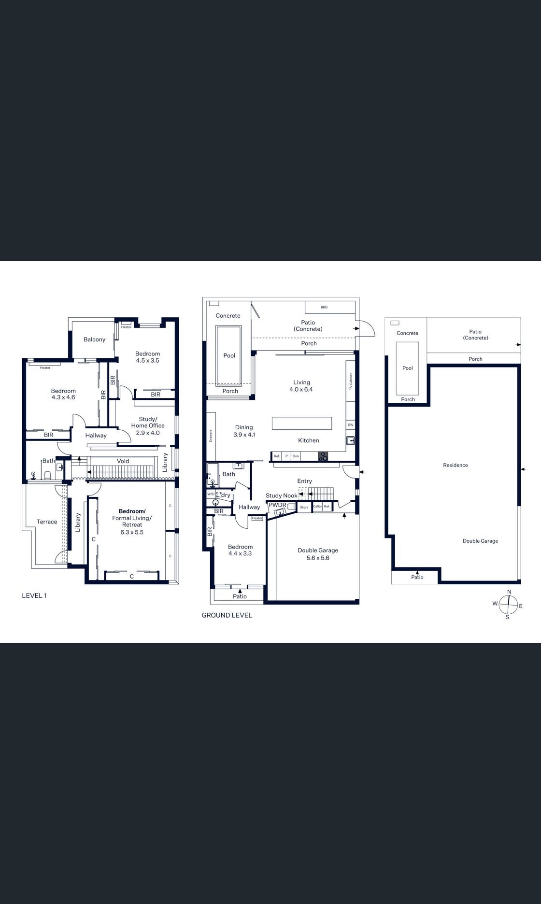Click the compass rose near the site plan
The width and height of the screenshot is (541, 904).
point(508,604)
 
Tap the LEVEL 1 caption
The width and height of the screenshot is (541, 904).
point(34,595)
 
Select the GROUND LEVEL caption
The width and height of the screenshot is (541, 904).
point(227,615)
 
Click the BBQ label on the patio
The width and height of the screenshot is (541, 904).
point(324,307)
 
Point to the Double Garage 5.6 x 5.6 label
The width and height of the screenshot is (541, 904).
point(318,554)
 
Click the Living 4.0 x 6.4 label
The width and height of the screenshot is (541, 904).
point(301,386)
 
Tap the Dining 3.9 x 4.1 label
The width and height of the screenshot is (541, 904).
point(244,431)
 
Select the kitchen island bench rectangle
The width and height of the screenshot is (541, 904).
point(302,423)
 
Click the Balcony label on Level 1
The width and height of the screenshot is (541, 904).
point(94,339)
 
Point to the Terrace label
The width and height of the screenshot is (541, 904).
point(47,522)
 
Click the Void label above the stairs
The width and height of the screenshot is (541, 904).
point(123,461)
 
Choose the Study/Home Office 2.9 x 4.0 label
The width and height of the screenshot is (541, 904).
point(148,426)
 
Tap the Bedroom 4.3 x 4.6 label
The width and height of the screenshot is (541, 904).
point(63,394)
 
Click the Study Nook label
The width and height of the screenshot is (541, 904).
point(282,495)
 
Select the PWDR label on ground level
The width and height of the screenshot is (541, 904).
point(277,505)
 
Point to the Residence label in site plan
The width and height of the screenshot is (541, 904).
point(455,465)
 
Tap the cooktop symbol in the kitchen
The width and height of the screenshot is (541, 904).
point(323,456)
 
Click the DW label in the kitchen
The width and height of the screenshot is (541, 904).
point(350,425)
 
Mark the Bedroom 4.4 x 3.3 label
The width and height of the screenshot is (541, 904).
point(240,550)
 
